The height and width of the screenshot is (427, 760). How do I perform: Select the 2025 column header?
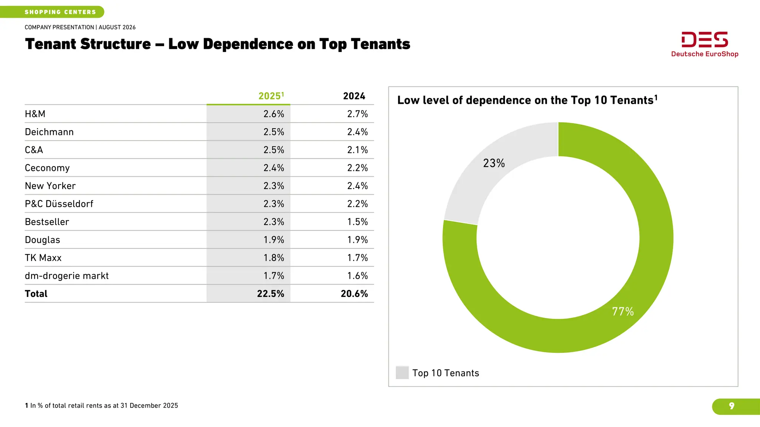271,96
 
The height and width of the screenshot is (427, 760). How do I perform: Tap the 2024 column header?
354,96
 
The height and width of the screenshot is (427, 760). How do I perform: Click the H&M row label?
35,114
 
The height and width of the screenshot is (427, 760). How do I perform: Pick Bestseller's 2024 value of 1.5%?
357,222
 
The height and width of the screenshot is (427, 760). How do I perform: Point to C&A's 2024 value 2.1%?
357,150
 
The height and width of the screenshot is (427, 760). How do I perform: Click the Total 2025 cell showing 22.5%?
271,294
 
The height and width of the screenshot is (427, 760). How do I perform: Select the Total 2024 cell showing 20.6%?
354,294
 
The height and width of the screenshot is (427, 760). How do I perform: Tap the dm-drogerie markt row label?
67,276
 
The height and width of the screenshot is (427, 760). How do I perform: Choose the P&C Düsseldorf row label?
59,204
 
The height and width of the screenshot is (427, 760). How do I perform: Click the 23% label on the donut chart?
494,163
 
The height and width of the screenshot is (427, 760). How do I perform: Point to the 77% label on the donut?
623,311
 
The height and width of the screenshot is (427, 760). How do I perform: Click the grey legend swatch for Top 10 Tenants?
402,373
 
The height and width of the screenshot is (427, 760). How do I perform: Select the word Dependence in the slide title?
248,44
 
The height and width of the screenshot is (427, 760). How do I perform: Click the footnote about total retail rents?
101,406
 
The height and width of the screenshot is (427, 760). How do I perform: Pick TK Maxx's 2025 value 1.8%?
274,258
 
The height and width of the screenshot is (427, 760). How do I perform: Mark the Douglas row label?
42,240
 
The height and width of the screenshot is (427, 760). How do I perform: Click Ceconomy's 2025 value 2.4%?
274,168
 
